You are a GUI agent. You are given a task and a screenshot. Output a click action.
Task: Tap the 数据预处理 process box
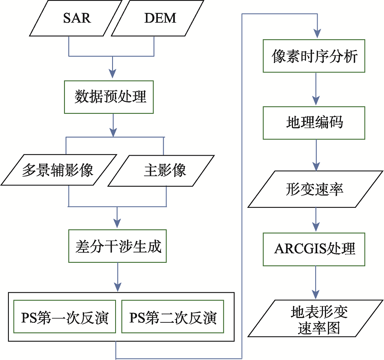pos(109,97)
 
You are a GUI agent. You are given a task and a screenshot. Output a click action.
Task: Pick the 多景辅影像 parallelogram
pos(58,171)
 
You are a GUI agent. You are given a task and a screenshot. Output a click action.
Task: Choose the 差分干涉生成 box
pos(118,246)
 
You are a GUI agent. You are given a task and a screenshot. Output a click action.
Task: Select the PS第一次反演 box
pos(65,317)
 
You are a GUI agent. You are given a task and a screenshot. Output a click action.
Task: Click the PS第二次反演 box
pos(173,317)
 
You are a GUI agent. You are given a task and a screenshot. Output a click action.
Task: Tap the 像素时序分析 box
pos(314,56)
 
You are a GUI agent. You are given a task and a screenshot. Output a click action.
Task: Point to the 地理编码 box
pos(314,123)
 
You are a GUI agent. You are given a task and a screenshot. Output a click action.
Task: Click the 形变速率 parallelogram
pos(314,189)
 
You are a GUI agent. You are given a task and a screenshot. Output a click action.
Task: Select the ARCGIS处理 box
pos(314,249)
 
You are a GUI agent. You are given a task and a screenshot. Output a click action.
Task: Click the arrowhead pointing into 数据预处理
pos(112,73)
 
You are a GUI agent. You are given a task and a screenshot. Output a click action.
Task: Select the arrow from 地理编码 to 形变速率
pos(316,155)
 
